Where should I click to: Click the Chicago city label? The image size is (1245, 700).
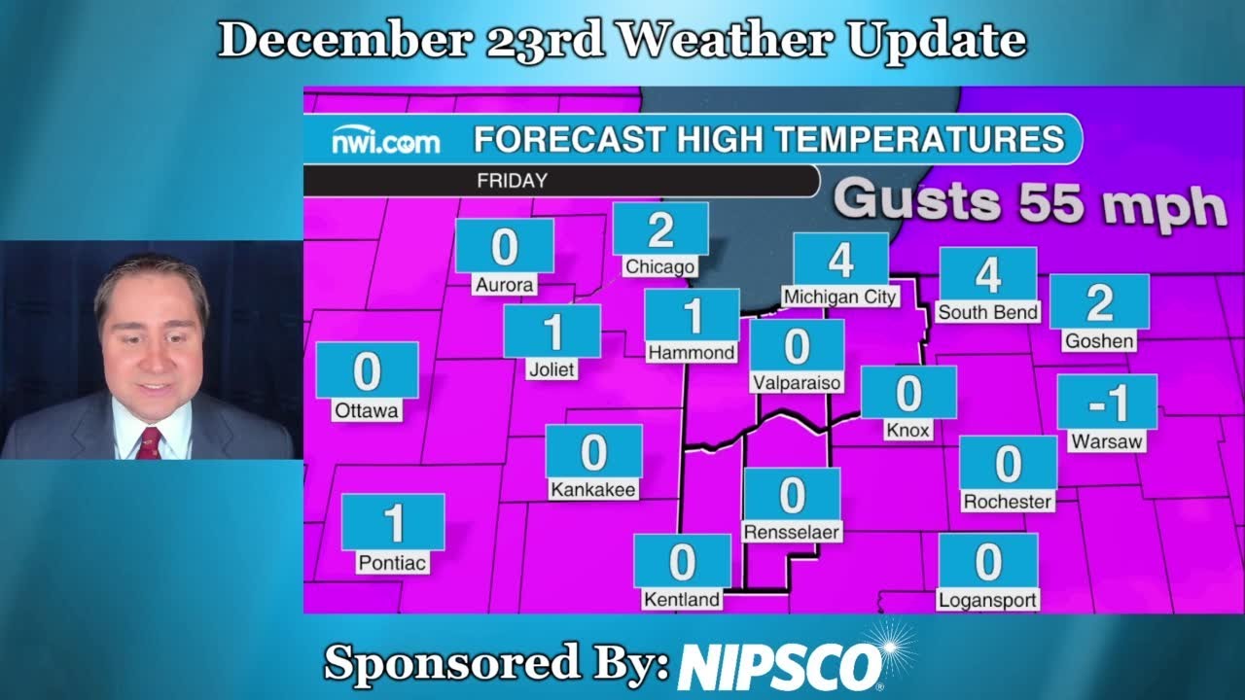[x=660, y=266]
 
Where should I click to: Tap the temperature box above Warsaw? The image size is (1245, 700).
[x=1107, y=402]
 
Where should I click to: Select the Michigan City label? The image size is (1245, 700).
[x=840, y=297]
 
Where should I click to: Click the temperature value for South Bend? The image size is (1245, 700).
[x=988, y=275]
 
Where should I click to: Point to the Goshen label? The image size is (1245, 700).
[x=1099, y=341]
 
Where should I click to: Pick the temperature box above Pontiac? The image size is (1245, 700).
[x=393, y=523]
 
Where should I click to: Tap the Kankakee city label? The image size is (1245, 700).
[x=593, y=490]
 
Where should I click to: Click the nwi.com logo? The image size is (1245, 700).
[x=386, y=142]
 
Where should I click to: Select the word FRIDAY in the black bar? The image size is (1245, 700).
[x=512, y=181]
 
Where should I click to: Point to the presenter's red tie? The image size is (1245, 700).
[x=149, y=443]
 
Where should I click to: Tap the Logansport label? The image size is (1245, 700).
[x=987, y=600]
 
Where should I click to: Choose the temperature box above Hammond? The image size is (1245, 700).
[x=692, y=315]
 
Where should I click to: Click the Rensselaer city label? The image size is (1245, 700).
[x=791, y=532]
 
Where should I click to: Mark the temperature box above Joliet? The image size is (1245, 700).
[x=552, y=332]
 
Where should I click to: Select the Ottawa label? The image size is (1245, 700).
[x=367, y=411]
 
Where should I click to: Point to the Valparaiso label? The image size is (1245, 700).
[x=797, y=383]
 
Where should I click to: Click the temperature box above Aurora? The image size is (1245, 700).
[x=504, y=247]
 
